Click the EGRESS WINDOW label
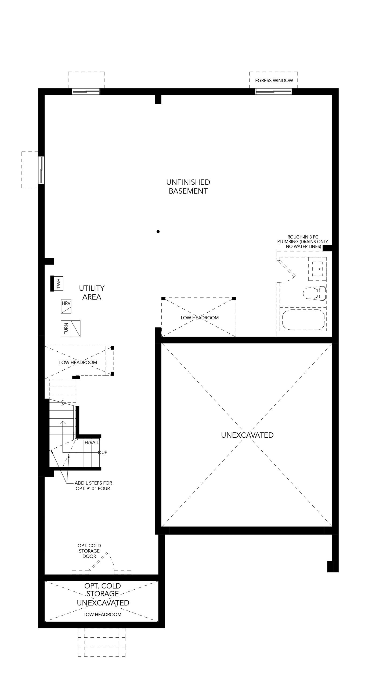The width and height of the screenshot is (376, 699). click(274, 81)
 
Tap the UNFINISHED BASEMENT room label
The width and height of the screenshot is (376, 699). click(188, 187)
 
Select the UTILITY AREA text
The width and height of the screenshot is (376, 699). click(92, 293)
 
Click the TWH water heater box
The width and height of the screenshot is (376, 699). click(57, 284)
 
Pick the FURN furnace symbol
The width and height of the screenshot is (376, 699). click(71, 329)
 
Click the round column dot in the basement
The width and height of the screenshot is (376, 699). click(158, 231)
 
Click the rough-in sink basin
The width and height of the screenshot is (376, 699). click(317, 269)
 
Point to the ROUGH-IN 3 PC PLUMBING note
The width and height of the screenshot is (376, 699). click(303, 242)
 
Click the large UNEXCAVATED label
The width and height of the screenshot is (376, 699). click(247, 435)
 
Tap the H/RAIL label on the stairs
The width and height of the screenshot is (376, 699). click(92, 443)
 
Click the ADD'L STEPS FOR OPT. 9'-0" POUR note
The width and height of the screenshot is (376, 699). click(93, 486)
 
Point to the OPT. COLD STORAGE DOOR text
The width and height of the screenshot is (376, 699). click(89, 551)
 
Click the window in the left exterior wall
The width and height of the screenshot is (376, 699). click(41, 170)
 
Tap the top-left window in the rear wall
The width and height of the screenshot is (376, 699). click(86, 91)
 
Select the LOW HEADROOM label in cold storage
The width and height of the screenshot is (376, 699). click(102, 615)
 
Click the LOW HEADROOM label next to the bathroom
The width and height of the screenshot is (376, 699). click(200, 318)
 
